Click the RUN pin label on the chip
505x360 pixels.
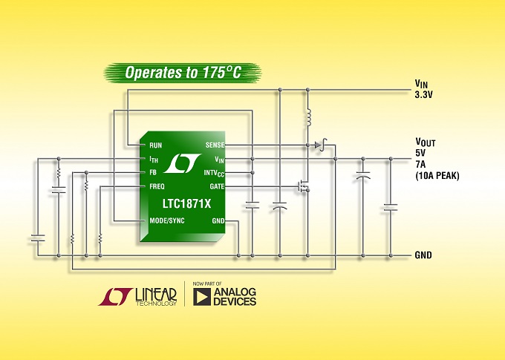click(x=155, y=145)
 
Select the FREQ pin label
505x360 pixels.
click(x=157, y=186)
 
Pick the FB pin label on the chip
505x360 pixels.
click(x=152, y=173)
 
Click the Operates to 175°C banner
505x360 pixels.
click(x=183, y=73)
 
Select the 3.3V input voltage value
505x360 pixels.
click(x=423, y=94)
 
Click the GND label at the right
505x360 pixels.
click(x=423, y=255)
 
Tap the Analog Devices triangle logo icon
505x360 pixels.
click(x=201, y=297)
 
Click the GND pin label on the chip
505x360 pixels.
click(x=218, y=220)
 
